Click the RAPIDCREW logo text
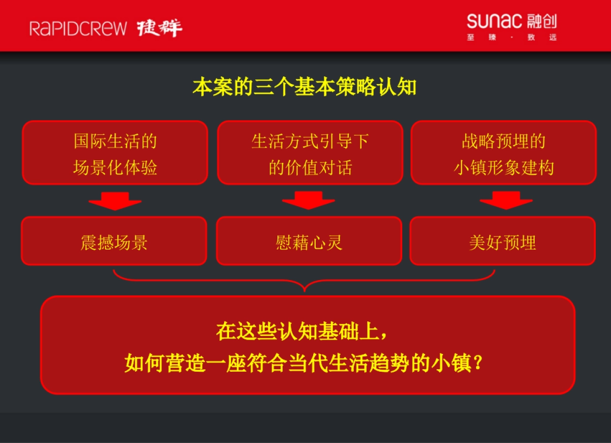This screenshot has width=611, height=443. [78, 28]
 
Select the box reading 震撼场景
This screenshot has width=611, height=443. [114, 241]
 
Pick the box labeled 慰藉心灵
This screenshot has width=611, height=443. [309, 241]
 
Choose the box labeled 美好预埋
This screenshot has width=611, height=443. [503, 241]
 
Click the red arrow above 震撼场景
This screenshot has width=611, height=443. [115, 201]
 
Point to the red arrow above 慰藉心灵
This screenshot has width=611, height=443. [309, 201]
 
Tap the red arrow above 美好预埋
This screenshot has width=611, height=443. [506, 201]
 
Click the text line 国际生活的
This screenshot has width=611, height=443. [115, 141]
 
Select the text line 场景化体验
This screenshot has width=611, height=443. [115, 168]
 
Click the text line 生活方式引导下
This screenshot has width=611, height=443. [310, 141]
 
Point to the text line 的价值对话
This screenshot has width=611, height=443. [310, 168]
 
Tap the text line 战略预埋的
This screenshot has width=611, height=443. [504, 141]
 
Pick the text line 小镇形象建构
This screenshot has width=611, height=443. [504, 168]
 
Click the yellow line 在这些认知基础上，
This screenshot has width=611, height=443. [304, 331]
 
